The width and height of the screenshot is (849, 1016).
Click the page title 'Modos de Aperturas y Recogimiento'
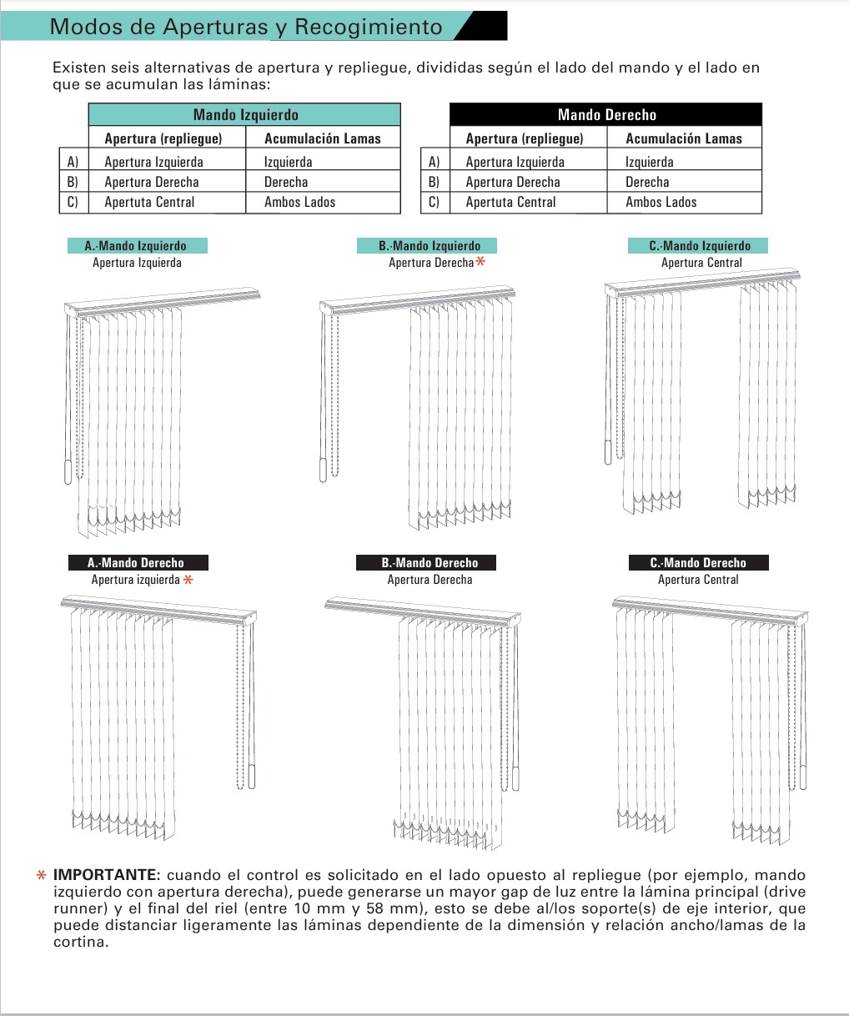pyautogui.click(x=246, y=27)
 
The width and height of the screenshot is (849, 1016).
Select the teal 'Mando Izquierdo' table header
pyautogui.click(x=245, y=115)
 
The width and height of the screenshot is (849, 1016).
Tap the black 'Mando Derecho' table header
pyautogui.click(x=606, y=115)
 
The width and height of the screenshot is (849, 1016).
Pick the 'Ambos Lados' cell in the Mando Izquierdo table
pyautogui.click(x=299, y=202)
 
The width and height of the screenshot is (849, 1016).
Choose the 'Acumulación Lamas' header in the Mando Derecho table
pyautogui.click(x=683, y=138)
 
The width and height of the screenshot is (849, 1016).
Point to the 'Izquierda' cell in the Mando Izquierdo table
pyautogui.click(x=288, y=162)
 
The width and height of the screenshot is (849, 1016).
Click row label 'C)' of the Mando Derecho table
pyautogui.click(x=433, y=202)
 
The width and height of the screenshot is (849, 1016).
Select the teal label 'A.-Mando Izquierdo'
pyautogui.click(x=137, y=246)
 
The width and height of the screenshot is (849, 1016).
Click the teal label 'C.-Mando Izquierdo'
pyautogui.click(x=700, y=246)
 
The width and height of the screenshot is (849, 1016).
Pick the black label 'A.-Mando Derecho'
pyautogui.click(x=137, y=563)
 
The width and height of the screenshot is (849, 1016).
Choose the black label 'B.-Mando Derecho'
pyautogui.click(x=430, y=563)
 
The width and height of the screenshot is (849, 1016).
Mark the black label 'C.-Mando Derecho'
pyautogui.click(x=698, y=563)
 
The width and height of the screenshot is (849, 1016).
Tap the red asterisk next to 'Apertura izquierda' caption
pyautogui.click(x=188, y=580)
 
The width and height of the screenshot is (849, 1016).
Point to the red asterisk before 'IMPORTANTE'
pyautogui.click(x=41, y=876)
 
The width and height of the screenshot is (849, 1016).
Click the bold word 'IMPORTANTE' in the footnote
pyautogui.click(x=105, y=876)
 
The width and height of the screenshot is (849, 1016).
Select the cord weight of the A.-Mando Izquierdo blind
pyautogui.click(x=68, y=471)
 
